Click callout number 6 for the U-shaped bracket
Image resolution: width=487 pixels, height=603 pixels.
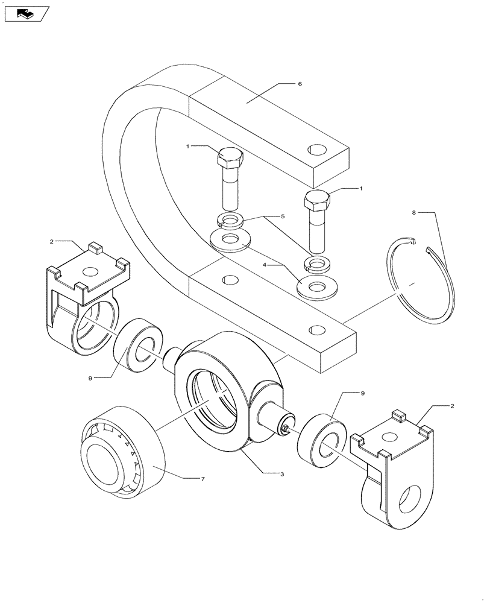[x=300, y=84]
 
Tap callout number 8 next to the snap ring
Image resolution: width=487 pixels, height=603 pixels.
[x=414, y=213]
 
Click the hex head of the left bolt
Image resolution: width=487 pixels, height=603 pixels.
[x=229, y=160]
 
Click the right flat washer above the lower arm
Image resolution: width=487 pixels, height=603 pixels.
[x=316, y=285]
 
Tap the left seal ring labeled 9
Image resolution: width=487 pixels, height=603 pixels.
[x=139, y=346]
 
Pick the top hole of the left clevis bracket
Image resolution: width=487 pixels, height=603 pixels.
[x=92, y=273]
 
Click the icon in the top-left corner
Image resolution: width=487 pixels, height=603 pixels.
[x=26, y=13]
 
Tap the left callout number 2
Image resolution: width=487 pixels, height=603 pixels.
[x=52, y=241]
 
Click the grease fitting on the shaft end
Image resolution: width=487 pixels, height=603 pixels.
[x=284, y=428]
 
